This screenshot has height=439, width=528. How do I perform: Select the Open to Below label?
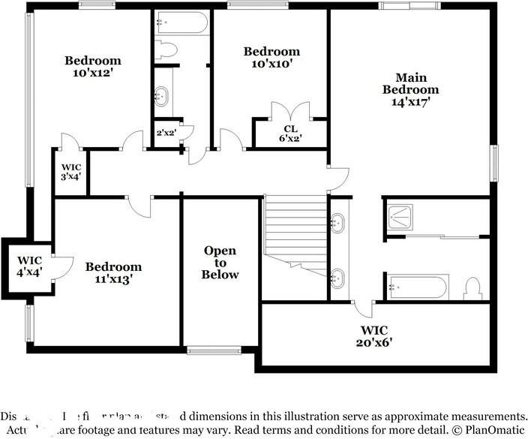click(220, 263)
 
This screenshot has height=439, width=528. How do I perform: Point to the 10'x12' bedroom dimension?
click(92, 74)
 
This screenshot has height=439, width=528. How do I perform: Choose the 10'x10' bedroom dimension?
click(271, 64)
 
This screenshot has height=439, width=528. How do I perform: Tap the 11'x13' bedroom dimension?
click(113, 279)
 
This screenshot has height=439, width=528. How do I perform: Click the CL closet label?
click(290, 128)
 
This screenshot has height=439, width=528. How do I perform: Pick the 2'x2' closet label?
click(165, 133)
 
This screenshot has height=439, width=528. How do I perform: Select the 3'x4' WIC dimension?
click(71, 176)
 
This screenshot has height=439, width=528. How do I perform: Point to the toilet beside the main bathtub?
click(472, 288)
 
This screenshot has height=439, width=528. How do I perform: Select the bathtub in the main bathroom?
click(417, 287)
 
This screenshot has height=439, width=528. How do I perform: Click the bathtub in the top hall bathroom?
click(182, 23)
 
